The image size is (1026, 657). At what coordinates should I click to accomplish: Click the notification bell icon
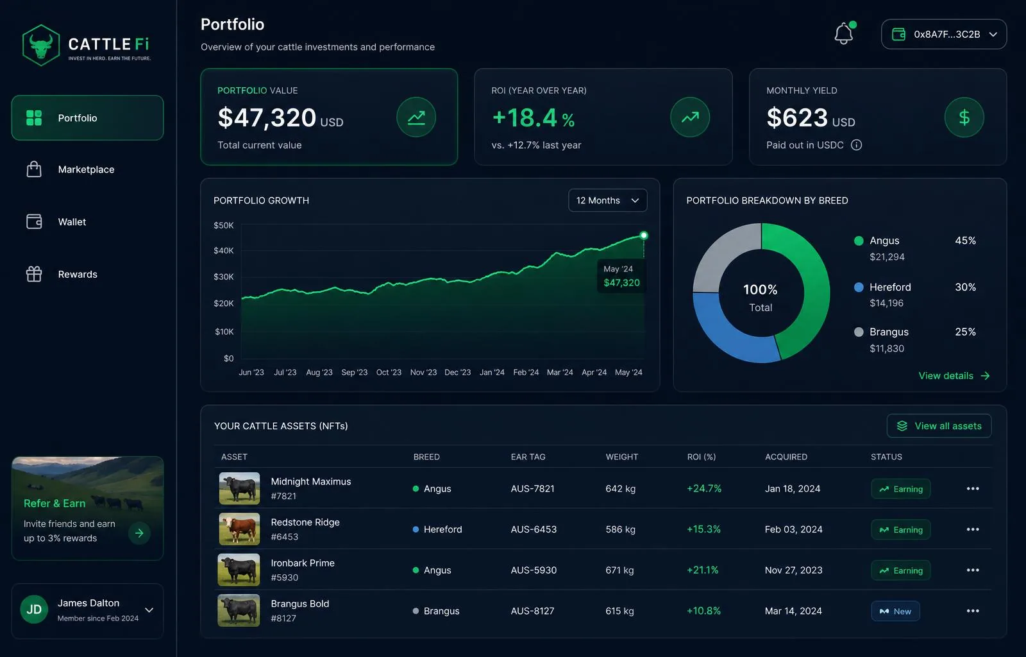843,33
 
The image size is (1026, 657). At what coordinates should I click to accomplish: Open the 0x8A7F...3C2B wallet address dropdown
943,35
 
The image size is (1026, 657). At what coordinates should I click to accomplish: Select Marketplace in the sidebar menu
86,169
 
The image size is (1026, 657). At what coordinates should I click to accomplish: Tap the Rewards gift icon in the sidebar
34,274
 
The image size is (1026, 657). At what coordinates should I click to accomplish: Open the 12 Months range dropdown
607,200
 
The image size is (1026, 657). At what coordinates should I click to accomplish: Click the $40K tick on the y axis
224,251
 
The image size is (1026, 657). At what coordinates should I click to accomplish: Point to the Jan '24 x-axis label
492,373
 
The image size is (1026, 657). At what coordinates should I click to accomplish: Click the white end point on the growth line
644,235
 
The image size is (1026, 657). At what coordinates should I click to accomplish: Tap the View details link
954,376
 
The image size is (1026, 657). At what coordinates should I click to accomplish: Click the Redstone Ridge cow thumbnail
239,529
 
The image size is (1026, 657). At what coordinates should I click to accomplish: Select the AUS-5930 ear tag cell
534,570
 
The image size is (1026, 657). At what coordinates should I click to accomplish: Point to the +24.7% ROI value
704,489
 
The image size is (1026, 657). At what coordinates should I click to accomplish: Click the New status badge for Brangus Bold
895,611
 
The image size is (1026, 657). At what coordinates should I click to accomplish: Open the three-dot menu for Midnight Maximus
973,489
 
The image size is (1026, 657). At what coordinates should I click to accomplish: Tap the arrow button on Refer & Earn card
139,533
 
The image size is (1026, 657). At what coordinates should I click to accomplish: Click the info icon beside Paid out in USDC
856,145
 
